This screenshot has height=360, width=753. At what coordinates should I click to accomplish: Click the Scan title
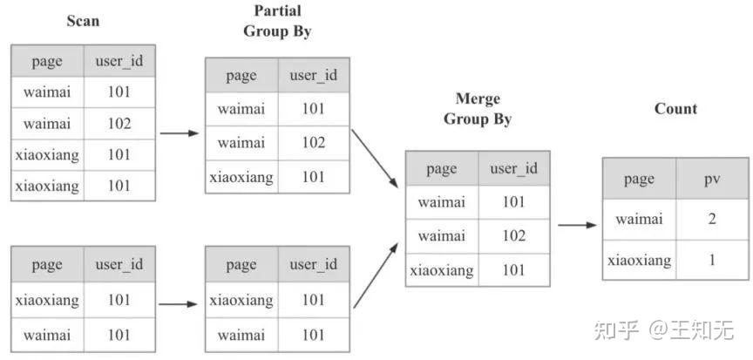click(83, 21)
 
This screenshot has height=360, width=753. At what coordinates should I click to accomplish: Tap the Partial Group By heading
click(277, 21)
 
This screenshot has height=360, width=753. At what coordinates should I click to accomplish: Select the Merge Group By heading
click(478, 109)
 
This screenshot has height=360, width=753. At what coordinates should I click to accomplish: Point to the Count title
click(675, 109)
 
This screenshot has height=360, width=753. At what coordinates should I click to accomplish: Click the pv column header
click(712, 179)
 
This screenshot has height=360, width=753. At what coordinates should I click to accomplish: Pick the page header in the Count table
click(639, 180)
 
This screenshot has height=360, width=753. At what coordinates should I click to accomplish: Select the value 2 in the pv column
click(712, 220)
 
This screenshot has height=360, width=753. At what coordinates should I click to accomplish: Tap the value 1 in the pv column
click(712, 260)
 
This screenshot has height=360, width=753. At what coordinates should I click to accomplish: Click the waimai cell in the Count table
click(639, 220)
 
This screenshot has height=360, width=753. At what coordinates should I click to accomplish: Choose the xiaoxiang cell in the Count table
click(639, 260)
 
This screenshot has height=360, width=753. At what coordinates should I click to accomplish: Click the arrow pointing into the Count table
click(577, 225)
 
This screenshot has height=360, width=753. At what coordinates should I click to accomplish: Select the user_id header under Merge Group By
click(514, 168)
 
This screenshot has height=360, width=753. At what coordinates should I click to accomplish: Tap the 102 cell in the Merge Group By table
click(514, 235)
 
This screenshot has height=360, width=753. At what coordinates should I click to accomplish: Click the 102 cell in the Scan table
click(119, 124)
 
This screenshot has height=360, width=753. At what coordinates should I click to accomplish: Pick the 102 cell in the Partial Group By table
click(314, 143)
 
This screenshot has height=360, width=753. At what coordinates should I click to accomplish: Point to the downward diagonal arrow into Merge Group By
click(375, 159)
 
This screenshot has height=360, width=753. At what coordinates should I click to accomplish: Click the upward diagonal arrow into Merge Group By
click(376, 275)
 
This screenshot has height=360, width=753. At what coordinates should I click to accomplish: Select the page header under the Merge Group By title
click(441, 169)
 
